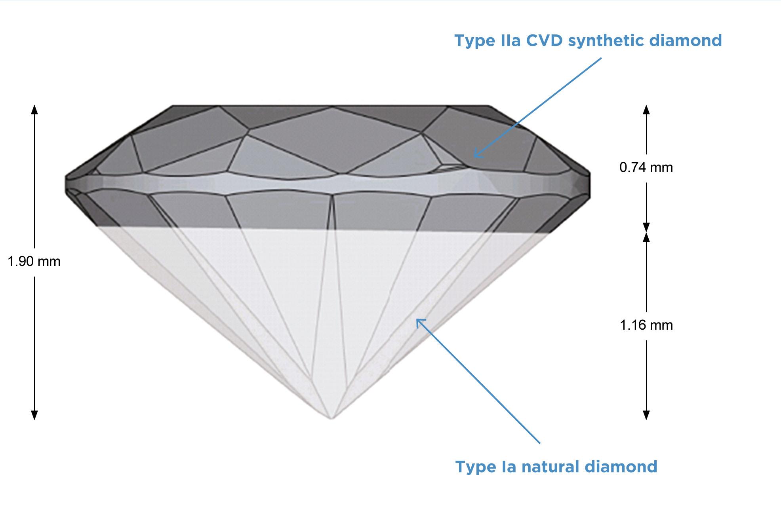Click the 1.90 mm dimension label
point(34,262)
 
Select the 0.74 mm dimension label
point(646,168)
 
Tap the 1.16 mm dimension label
point(646,325)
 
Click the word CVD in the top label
point(545,40)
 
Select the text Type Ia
point(486,467)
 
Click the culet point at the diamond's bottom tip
point(331,418)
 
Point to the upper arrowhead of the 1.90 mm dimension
point(34,109)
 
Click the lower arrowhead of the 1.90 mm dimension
point(34,415)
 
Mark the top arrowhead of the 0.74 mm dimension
point(646,109)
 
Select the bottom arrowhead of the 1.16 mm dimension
point(646,415)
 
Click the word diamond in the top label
point(689,40)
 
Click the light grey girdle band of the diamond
point(277,184)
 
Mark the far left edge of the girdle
point(66,185)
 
